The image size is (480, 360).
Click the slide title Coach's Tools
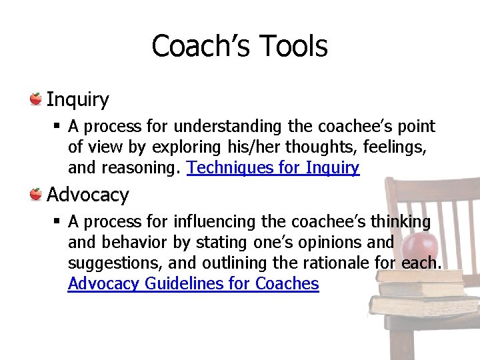pyautogui.click(x=239, y=47)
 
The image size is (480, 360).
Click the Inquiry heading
pyautogui.click(x=77, y=100)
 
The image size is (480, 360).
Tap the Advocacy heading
pyautogui.click(x=87, y=195)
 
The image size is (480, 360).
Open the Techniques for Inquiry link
pyautogui.click(x=273, y=168)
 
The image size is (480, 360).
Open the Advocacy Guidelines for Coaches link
pyautogui.click(x=193, y=284)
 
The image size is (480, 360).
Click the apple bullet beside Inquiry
pyautogui.click(x=36, y=99)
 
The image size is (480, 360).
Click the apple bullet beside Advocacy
pyautogui.click(x=36, y=195)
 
